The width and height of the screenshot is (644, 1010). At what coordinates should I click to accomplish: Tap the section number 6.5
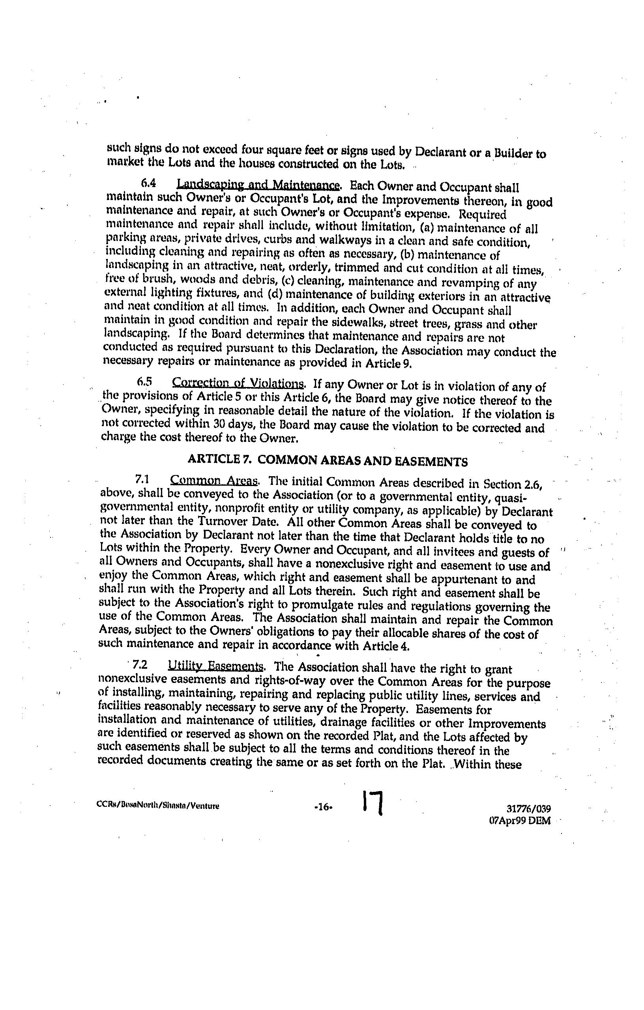coord(144,382)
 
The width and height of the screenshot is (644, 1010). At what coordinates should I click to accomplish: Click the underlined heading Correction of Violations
coord(238,383)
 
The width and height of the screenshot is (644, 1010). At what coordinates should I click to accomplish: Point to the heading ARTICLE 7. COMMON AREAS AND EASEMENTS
coord(328,461)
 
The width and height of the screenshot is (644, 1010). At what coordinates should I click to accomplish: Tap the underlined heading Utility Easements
coord(215,666)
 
